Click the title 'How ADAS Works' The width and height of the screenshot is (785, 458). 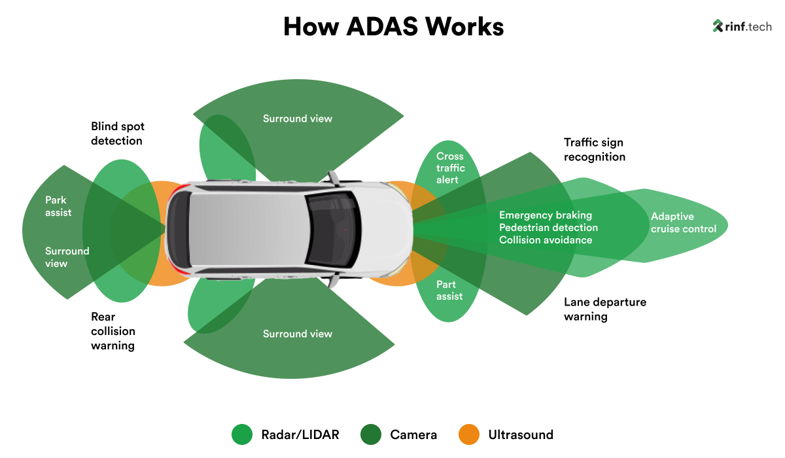pyautogui.click(x=393, y=27)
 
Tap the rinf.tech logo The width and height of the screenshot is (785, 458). pyautogui.click(x=742, y=26)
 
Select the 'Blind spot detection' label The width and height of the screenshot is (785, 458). pyautogui.click(x=118, y=133)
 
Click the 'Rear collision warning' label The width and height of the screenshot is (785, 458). pyautogui.click(x=113, y=331)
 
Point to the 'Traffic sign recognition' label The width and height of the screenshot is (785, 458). pyautogui.click(x=594, y=150)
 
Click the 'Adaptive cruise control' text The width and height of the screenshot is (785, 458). pyautogui.click(x=683, y=222)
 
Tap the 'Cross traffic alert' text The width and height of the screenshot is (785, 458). pyautogui.click(x=450, y=168)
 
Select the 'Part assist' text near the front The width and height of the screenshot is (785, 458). pyautogui.click(x=449, y=291)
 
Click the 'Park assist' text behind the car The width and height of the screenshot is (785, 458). pyautogui.click(x=58, y=206)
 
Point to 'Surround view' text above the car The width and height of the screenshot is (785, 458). pyautogui.click(x=298, y=118)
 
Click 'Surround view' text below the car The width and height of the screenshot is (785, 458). pyautogui.click(x=298, y=334)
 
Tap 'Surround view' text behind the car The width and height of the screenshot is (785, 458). pyautogui.click(x=67, y=257)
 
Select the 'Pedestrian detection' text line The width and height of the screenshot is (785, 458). pyautogui.click(x=548, y=228)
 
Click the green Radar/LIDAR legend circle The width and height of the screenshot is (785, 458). pyautogui.click(x=242, y=434)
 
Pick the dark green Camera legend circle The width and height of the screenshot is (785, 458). pyautogui.click(x=371, y=434)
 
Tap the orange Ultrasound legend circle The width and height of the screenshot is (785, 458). pyautogui.click(x=469, y=434)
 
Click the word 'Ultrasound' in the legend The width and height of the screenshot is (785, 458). pyautogui.click(x=521, y=434)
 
